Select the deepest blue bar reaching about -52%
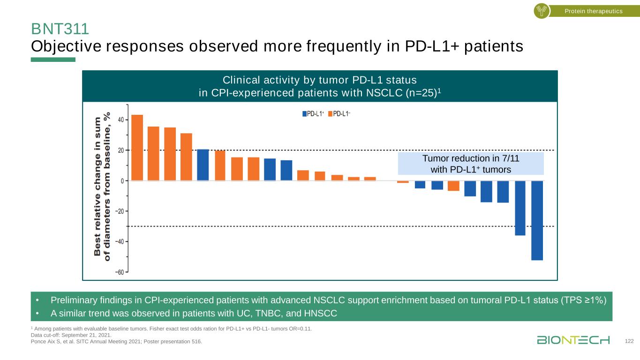(x=537, y=220)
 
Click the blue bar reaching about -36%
(x=520, y=208)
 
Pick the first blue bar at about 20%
(x=203, y=165)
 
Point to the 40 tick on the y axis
(x=120, y=120)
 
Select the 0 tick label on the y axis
(x=122, y=181)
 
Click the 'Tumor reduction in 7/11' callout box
(x=470, y=164)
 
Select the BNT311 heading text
(x=60, y=29)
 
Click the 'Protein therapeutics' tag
(x=593, y=11)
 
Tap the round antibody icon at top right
(x=542, y=11)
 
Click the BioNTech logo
(x=573, y=340)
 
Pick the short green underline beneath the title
(x=53, y=60)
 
